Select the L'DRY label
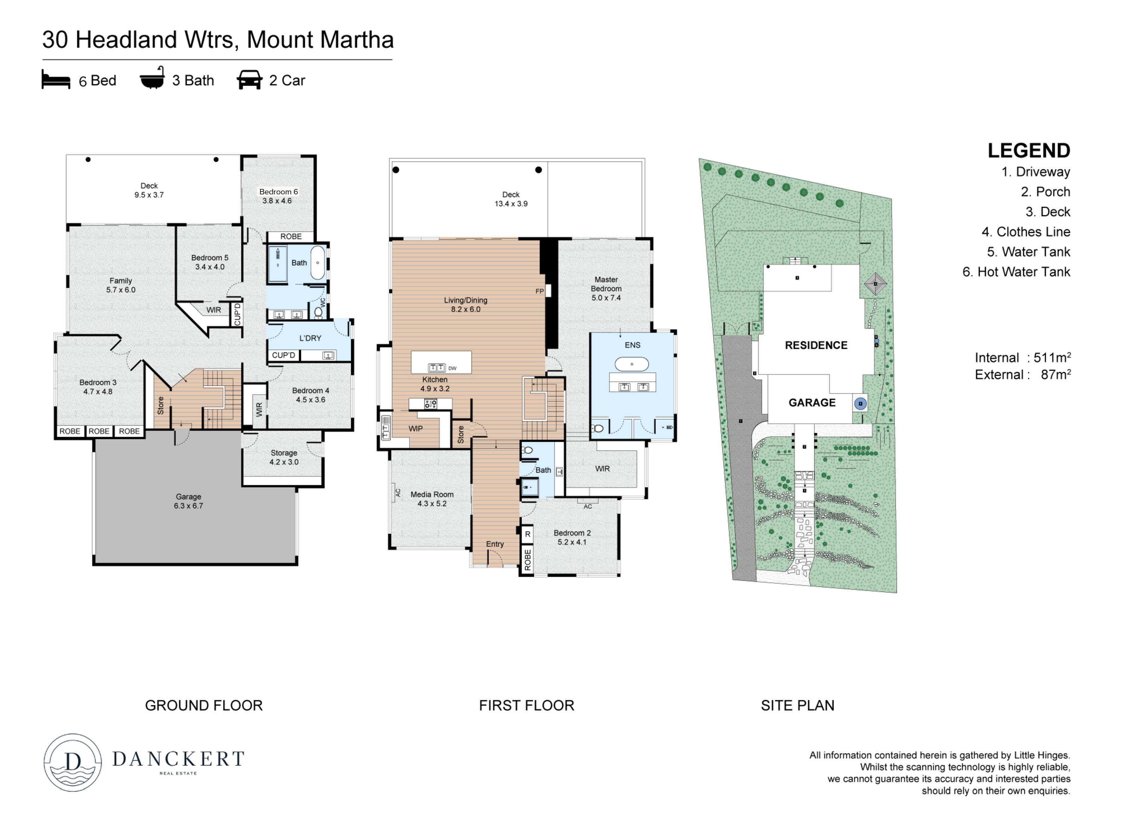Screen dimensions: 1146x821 tap(310, 338)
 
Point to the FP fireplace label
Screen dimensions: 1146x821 tap(539, 291)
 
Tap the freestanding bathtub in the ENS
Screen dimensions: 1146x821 tap(631, 364)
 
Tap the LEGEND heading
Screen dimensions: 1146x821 tap(1029, 150)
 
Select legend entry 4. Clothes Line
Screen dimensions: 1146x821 tap(1026, 232)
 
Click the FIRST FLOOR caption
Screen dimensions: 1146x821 tap(527, 705)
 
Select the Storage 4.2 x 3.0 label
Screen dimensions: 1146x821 tap(284, 457)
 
